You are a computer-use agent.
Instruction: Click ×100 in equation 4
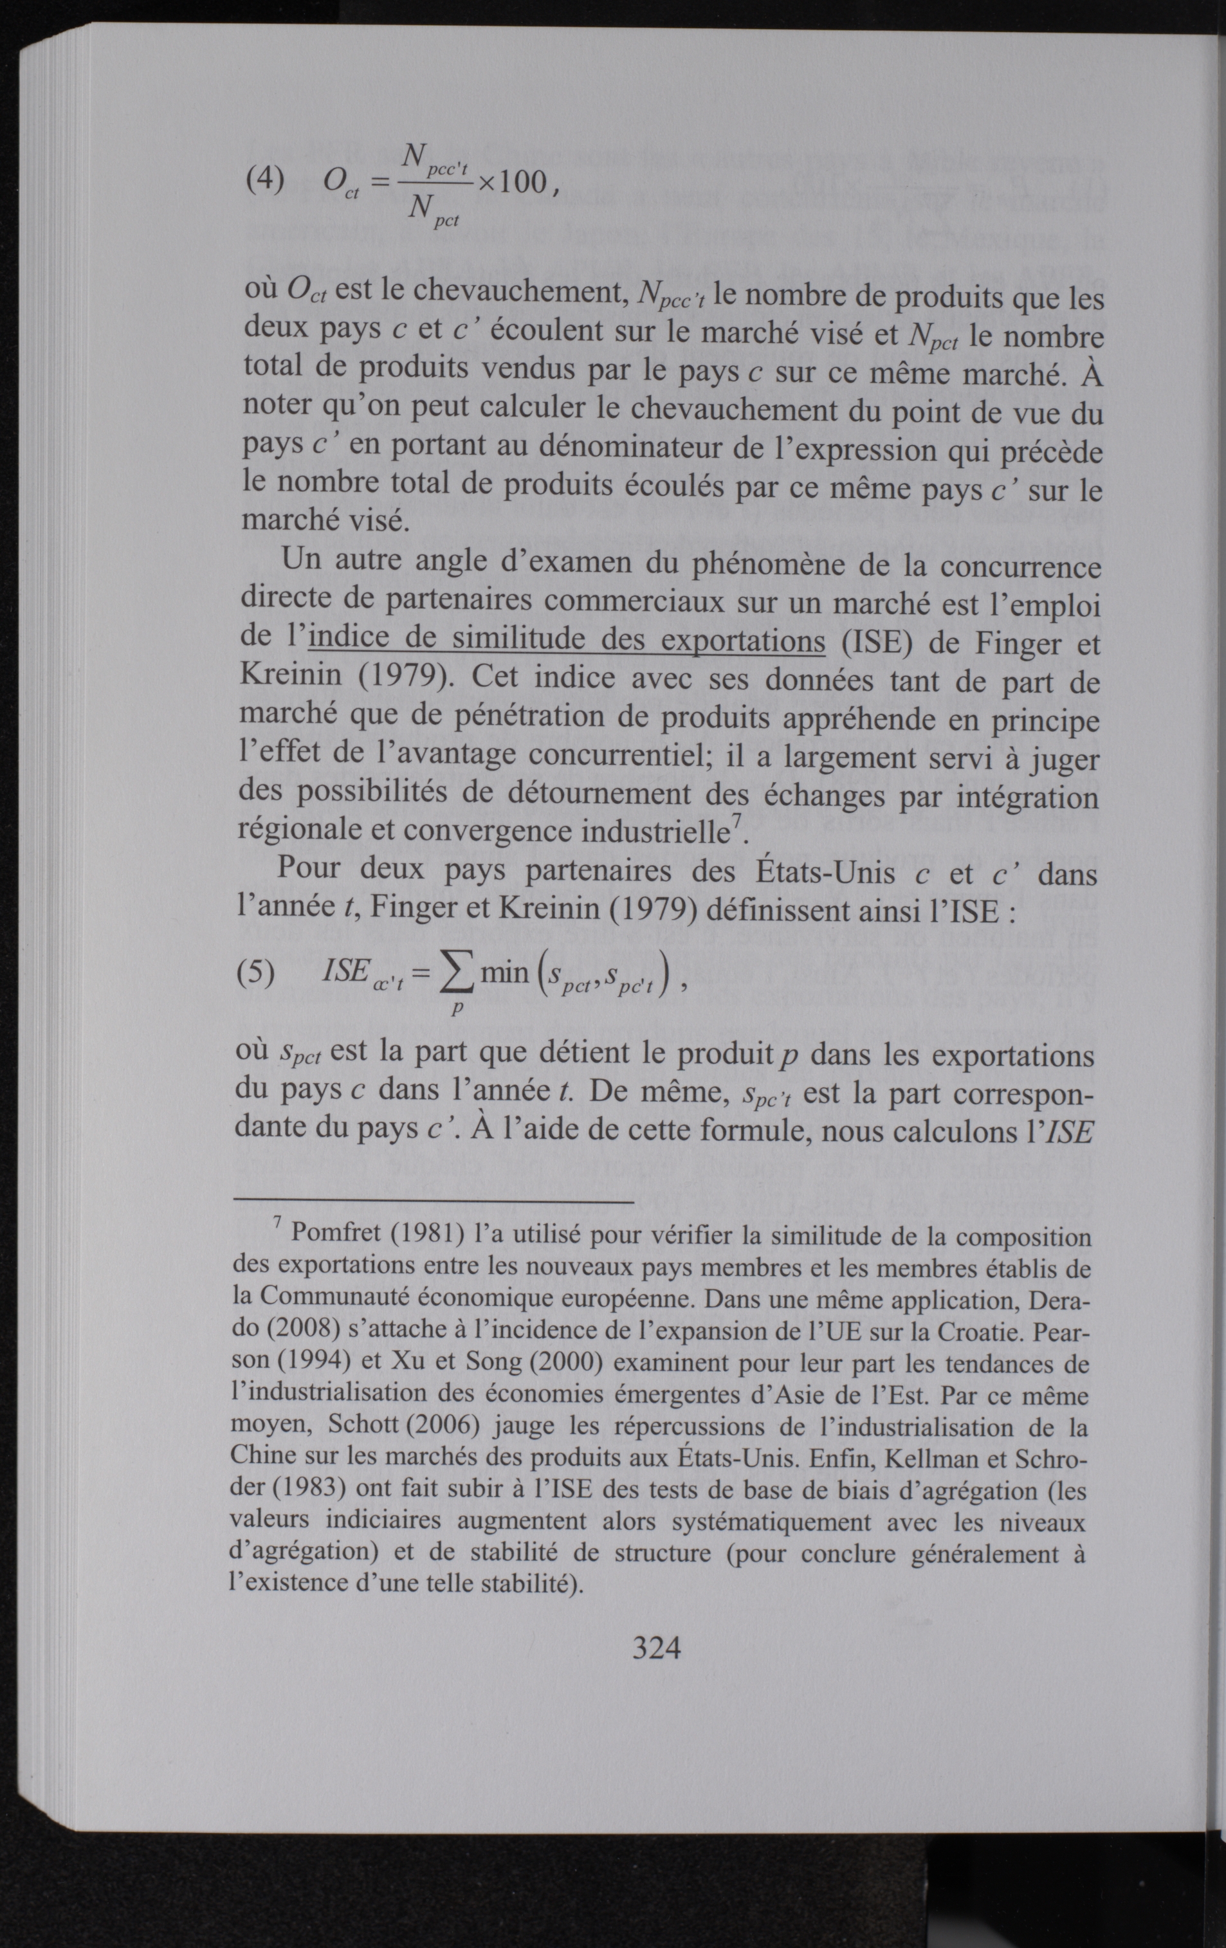tap(511, 183)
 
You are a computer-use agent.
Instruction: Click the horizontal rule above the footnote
tap(433, 1202)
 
